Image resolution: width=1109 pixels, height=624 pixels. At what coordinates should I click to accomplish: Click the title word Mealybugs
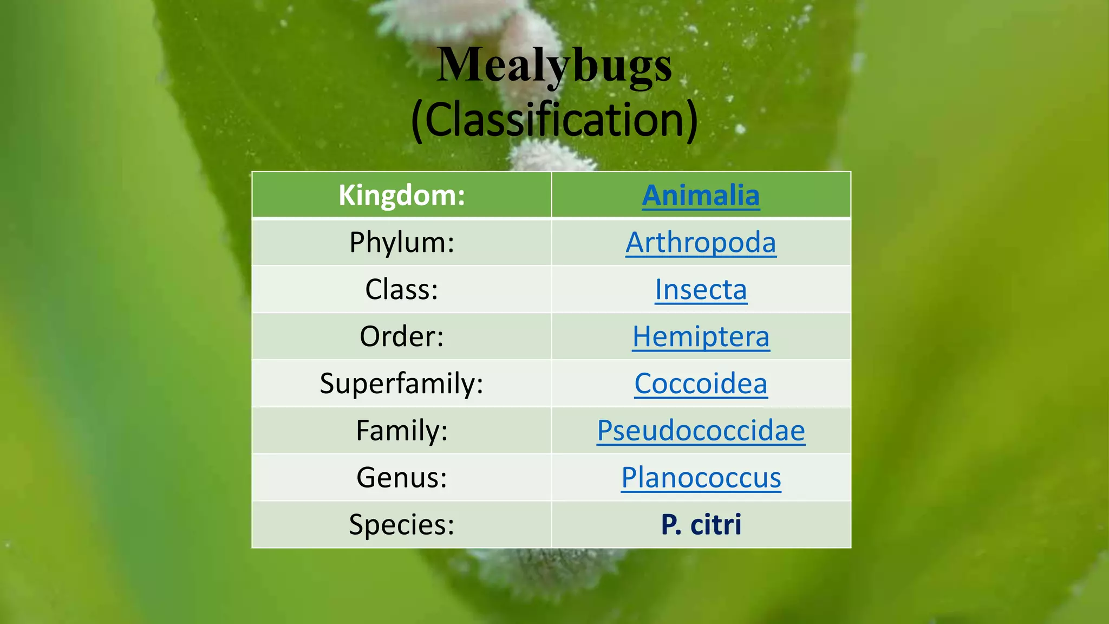click(554, 65)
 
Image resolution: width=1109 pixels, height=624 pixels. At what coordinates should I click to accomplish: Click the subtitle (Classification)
click(554, 120)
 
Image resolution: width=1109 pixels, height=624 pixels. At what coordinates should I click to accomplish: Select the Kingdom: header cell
click(402, 195)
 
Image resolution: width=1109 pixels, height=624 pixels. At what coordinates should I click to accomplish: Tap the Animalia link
click(701, 195)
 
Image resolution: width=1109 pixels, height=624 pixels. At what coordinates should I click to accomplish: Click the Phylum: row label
click(402, 242)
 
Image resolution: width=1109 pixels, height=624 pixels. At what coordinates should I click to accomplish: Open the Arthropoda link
click(701, 242)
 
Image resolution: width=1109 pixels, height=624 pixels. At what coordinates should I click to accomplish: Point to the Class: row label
click(402, 289)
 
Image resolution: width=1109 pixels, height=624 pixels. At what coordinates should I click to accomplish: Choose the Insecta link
click(701, 289)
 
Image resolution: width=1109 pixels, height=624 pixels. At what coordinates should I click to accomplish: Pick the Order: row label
click(402, 336)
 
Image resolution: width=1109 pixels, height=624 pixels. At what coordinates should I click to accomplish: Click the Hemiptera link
click(701, 336)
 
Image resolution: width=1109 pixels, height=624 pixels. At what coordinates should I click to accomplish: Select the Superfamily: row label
click(402, 383)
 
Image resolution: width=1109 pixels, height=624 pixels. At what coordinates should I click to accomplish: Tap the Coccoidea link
click(701, 383)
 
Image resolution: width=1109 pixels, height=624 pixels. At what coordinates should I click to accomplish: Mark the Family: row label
click(402, 431)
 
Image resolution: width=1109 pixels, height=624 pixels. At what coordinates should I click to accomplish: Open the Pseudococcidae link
click(701, 431)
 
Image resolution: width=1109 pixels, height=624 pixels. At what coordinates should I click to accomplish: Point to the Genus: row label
click(402, 478)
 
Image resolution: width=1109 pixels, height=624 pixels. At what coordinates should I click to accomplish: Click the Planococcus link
click(701, 478)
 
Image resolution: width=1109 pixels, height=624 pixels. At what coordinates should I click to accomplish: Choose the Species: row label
click(402, 524)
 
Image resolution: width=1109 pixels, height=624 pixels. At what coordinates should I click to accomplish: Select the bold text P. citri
click(701, 524)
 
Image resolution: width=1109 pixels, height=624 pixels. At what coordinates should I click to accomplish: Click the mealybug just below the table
click(547, 569)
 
